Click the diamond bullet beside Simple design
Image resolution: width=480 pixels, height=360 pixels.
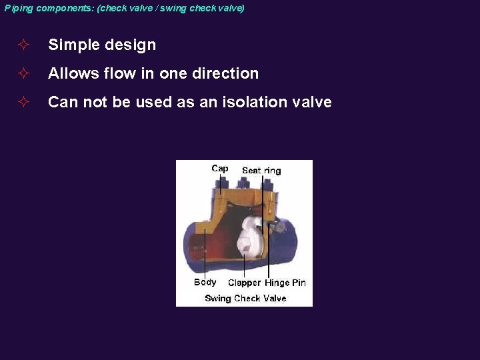[x=23, y=45]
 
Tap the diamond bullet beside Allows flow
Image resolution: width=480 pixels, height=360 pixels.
[x=23, y=73]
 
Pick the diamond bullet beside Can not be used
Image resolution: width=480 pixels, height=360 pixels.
[x=23, y=102]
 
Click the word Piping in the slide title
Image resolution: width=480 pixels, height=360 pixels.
[x=19, y=8]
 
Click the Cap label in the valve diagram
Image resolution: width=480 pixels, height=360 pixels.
[x=220, y=169]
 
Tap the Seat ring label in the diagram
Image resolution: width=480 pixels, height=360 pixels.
[x=261, y=171]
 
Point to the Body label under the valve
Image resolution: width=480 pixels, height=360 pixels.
[x=205, y=282]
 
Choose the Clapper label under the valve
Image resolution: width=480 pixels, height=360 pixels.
[x=244, y=283]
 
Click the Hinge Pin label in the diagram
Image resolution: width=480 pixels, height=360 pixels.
[x=285, y=283]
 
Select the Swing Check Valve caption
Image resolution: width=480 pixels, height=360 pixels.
[x=245, y=298]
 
